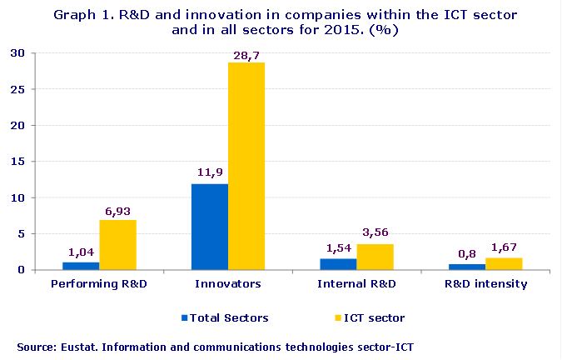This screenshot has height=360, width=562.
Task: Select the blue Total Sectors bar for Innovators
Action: (210, 227)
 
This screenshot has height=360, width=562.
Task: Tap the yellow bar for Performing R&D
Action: (117, 245)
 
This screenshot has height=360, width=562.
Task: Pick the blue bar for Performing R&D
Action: (81, 266)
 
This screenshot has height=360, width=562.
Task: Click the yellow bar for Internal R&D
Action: (375, 257)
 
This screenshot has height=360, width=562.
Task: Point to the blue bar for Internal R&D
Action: (338, 264)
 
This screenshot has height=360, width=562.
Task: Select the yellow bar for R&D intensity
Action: (503, 263)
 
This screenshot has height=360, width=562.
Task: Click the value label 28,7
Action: (246, 55)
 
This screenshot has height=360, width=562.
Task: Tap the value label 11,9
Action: (209, 172)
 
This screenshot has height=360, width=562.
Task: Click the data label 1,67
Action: (505, 247)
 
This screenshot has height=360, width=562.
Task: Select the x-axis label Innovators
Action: (228, 284)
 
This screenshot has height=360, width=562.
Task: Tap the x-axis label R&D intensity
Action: (485, 284)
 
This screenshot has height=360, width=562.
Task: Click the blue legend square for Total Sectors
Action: (184, 317)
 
